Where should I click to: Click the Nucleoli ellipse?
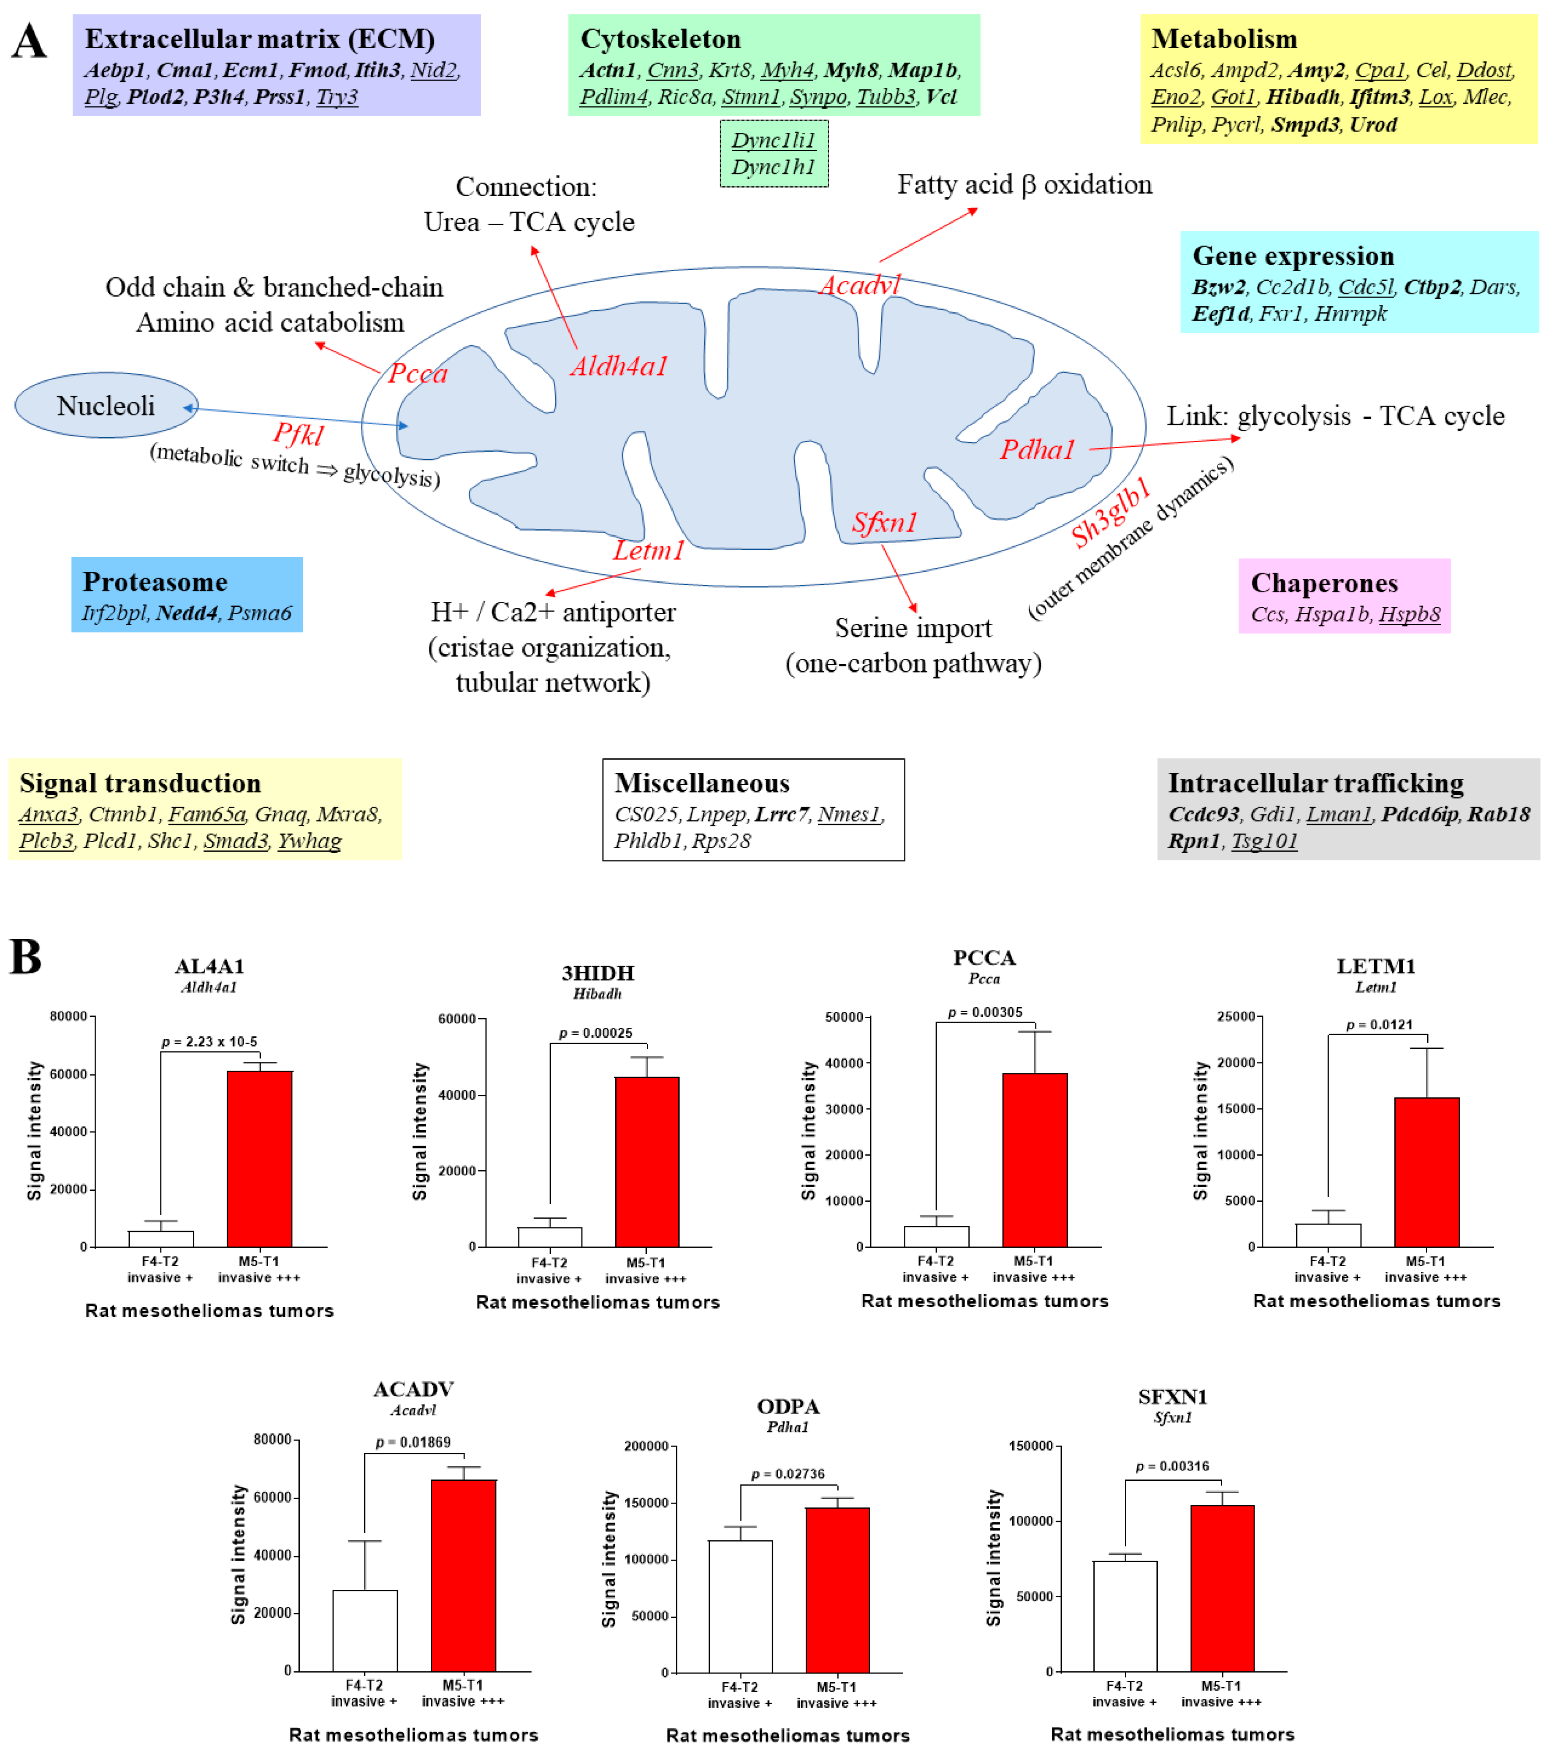coord(106,405)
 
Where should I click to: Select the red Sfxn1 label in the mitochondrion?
coord(884,522)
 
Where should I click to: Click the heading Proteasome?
coord(155,581)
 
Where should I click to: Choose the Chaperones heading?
coord(1324,583)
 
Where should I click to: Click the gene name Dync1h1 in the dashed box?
coord(773,167)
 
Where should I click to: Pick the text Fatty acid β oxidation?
coord(1024,185)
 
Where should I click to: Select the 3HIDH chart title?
coord(598,973)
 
